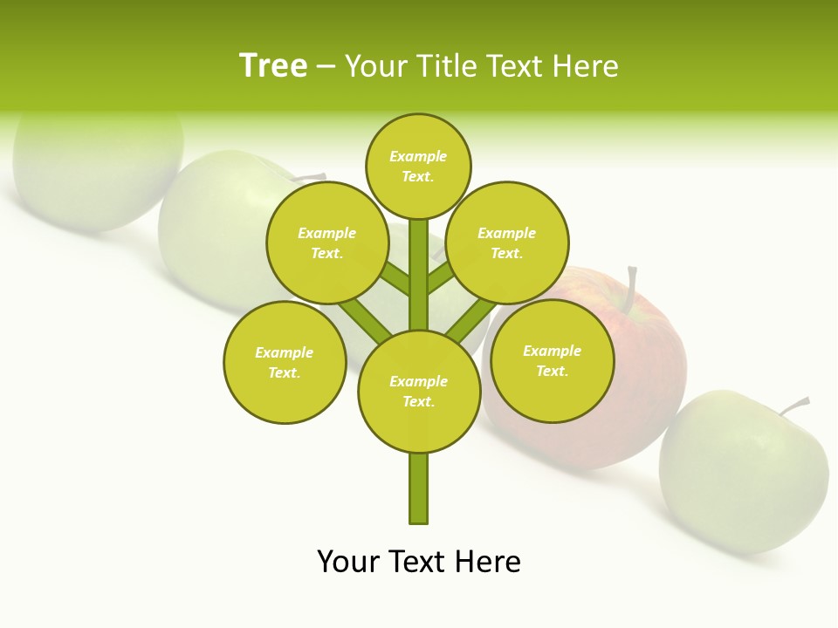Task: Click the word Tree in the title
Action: pyautogui.click(x=273, y=65)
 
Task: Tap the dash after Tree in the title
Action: pyautogui.click(x=326, y=67)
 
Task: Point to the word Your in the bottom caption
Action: pyautogui.click(x=348, y=562)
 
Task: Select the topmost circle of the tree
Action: pyautogui.click(x=418, y=166)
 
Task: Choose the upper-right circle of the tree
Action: pyautogui.click(x=507, y=242)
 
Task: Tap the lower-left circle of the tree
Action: pyautogui.click(x=285, y=362)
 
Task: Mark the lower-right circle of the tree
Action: pyautogui.click(x=553, y=360)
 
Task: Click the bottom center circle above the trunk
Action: pyautogui.click(x=419, y=391)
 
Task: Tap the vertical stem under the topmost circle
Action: pyautogui.click(x=419, y=275)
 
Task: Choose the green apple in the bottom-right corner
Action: pyautogui.click(x=742, y=471)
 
